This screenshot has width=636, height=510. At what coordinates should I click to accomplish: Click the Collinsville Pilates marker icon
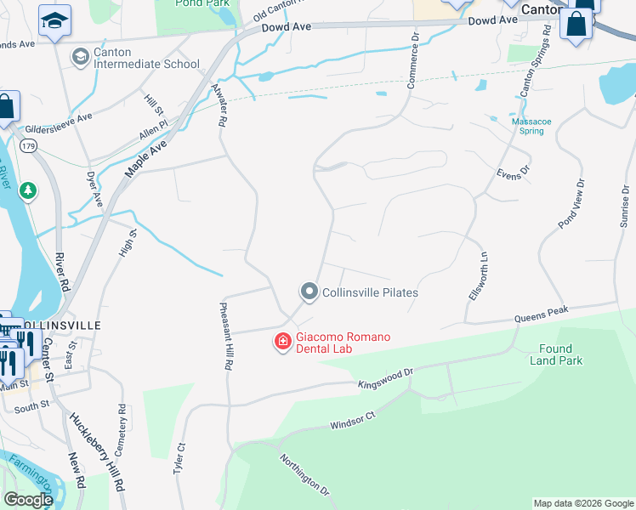pos(309,292)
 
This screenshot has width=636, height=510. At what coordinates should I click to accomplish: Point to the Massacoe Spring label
pos(531,126)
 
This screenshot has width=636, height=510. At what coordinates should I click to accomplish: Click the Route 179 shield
pos(30,146)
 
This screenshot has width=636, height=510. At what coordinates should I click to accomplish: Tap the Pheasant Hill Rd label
pos(226,336)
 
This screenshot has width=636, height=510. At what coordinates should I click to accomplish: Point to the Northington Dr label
pos(304,473)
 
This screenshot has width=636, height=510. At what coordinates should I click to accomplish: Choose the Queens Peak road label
pos(541,314)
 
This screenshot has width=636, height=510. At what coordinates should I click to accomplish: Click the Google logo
pos(28,500)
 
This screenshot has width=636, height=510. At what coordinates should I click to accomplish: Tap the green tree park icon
pos(29,190)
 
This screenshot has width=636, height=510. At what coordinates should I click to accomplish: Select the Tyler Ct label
pos(179,460)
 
